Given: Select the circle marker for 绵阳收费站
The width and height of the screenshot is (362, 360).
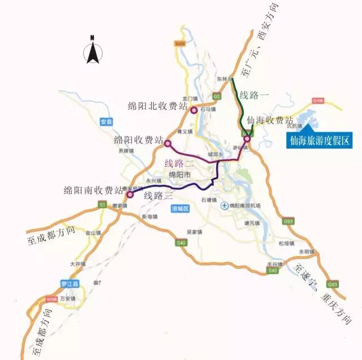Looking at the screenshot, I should tap(167, 144).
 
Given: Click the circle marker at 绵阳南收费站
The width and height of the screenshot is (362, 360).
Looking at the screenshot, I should tap(130, 195).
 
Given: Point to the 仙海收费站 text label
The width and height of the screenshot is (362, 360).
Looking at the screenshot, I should tap(270, 121).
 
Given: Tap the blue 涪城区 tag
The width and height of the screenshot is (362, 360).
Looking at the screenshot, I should tap(179, 209).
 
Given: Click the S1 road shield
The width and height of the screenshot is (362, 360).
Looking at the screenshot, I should tap(102, 204).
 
